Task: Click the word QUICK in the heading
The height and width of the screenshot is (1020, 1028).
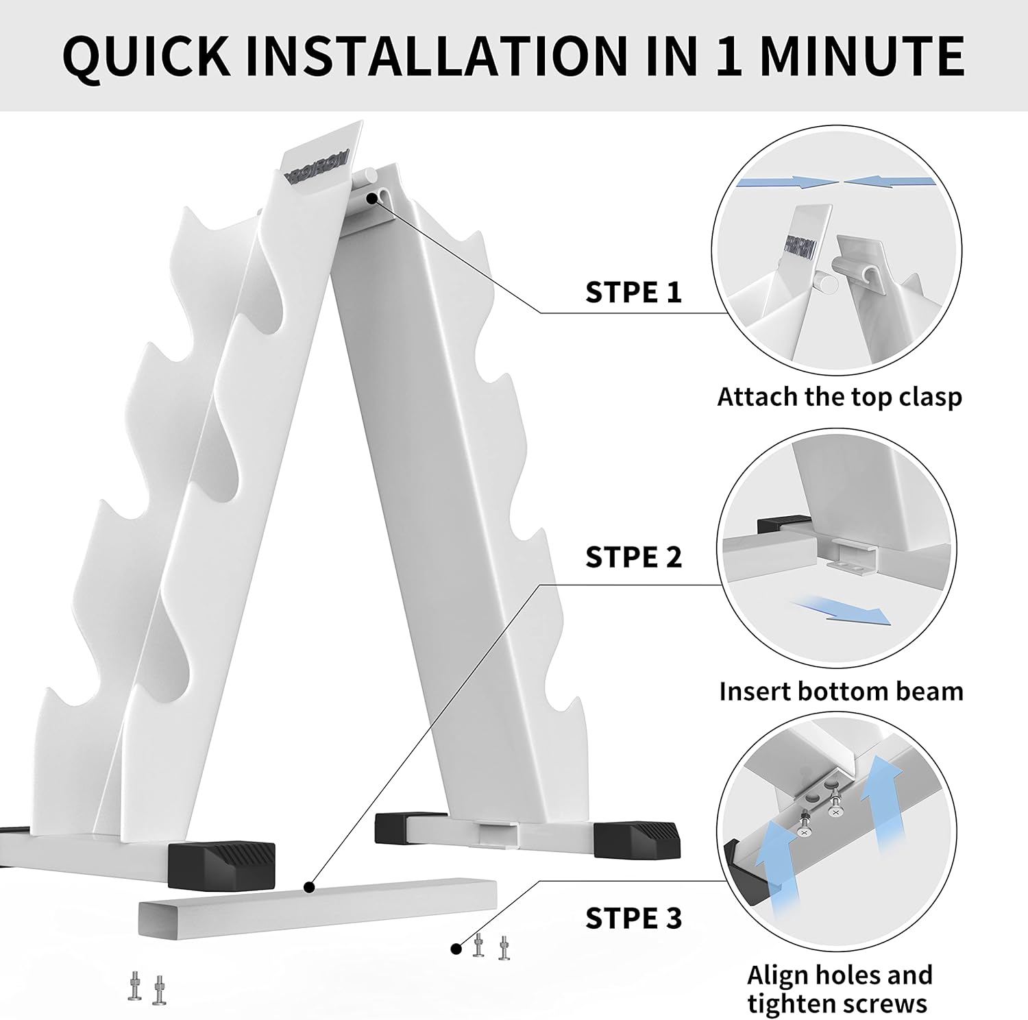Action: pyautogui.click(x=147, y=56)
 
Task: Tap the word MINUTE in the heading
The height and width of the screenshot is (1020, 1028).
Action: pyautogui.click(x=862, y=55)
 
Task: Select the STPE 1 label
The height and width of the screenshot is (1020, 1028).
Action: pyautogui.click(x=633, y=292)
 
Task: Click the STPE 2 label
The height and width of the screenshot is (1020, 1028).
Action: pyautogui.click(x=633, y=557)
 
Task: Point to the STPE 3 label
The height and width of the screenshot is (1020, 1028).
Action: pyautogui.click(x=633, y=918)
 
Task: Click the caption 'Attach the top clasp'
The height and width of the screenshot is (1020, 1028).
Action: pyautogui.click(x=840, y=397)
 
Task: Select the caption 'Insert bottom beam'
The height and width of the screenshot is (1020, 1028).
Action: pyautogui.click(x=841, y=691)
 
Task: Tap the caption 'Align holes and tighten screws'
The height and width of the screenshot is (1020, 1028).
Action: pyautogui.click(x=839, y=988)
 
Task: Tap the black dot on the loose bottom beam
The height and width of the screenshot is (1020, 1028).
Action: pyautogui.click(x=310, y=888)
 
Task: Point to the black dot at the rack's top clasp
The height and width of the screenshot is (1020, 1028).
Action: pyautogui.click(x=372, y=198)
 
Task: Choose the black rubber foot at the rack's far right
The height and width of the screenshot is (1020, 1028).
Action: pyautogui.click(x=637, y=838)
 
